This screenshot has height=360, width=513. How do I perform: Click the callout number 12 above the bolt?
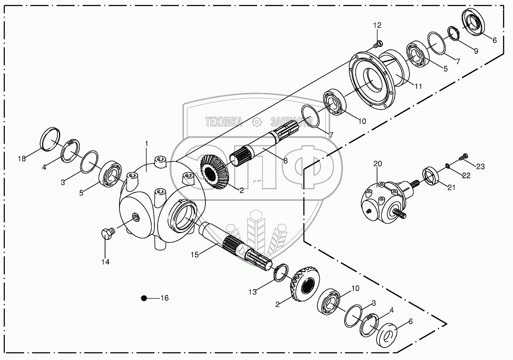click(377, 25)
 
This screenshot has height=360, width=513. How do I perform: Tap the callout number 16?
click(164, 298)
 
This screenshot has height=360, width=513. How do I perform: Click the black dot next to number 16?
click(144, 298)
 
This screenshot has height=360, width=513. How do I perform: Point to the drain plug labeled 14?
click(107, 233)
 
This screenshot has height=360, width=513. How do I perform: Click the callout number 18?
click(21, 159)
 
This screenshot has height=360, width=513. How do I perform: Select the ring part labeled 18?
click(51, 138)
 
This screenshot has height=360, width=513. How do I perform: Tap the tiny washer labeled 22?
click(447, 164)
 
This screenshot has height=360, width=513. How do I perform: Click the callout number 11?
click(418, 86)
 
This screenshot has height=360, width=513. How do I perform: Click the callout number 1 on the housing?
click(146, 143)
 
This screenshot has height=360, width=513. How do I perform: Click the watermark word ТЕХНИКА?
click(224, 122)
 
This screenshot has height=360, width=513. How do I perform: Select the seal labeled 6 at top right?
click(474, 23)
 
